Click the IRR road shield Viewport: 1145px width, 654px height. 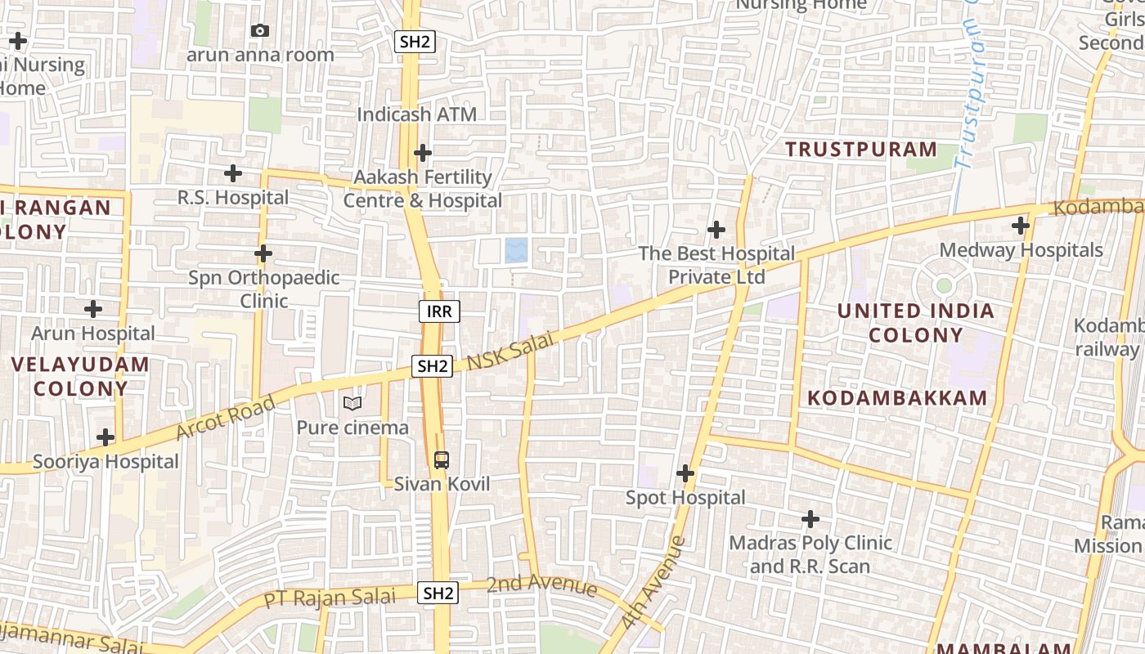pyautogui.click(x=439, y=311)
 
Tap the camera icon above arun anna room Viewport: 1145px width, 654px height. pyautogui.click(x=260, y=30)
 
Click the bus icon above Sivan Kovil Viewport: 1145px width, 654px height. pyautogui.click(x=442, y=459)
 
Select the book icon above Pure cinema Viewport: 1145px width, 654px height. pyautogui.click(x=352, y=403)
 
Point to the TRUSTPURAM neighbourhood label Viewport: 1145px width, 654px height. pyautogui.click(x=861, y=149)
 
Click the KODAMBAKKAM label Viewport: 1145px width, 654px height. pyautogui.click(x=897, y=398)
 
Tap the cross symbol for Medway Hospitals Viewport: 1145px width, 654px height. pyautogui.click(x=1021, y=225)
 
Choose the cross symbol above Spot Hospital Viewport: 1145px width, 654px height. pyautogui.click(x=685, y=473)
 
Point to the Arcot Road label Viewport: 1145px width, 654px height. pyautogui.click(x=226, y=418)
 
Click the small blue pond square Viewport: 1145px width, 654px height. pyautogui.click(x=516, y=250)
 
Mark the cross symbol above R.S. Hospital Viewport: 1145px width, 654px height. pyautogui.click(x=233, y=173)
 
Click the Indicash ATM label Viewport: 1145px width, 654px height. pyautogui.click(x=416, y=114)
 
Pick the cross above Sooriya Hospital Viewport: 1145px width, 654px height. pyautogui.click(x=106, y=437)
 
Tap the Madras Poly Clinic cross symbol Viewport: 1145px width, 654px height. pyautogui.click(x=810, y=519)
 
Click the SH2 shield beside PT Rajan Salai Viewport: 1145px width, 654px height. pyautogui.click(x=438, y=593)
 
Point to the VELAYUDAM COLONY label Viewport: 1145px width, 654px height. pyautogui.click(x=80, y=376)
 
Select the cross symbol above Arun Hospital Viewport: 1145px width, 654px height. pyautogui.click(x=93, y=309)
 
